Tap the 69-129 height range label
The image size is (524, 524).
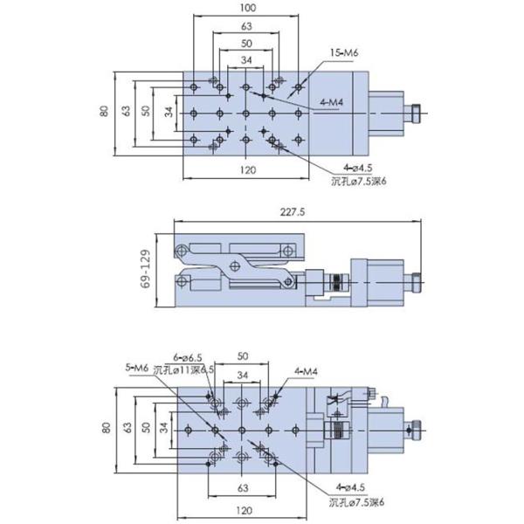pyautogui.click(x=146, y=270)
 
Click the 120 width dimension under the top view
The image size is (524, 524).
pyautogui.click(x=247, y=170)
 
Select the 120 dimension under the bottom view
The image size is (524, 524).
pyautogui.click(x=244, y=509)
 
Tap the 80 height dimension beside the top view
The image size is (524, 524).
pyautogui.click(x=104, y=112)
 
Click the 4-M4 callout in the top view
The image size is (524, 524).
pyautogui.click(x=332, y=102)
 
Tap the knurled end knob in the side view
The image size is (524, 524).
pyautogui.click(x=417, y=282)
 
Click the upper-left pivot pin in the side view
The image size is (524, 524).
pyautogui.click(x=183, y=252)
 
